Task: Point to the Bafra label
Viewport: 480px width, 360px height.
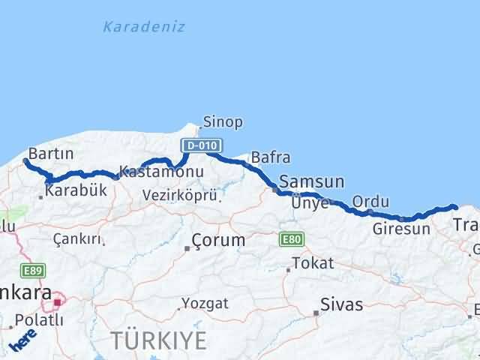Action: coord(270,157)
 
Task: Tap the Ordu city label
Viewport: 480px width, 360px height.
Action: coord(370,202)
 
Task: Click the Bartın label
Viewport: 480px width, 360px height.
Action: coord(50,153)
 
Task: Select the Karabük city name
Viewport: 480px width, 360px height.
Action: coord(76,190)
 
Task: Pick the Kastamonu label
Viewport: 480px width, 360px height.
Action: coord(160,172)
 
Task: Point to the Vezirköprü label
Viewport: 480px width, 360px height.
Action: coord(180,195)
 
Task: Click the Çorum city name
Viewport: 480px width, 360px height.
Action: coord(218,241)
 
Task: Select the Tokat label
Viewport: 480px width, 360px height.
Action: coord(313,263)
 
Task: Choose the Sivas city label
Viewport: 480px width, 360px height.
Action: coord(341,304)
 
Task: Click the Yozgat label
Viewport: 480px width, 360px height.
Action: coord(205,304)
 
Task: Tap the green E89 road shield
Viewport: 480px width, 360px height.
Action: coord(34,271)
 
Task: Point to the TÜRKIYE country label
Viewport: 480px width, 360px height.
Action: coord(159,340)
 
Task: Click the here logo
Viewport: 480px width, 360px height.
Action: coord(22,342)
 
